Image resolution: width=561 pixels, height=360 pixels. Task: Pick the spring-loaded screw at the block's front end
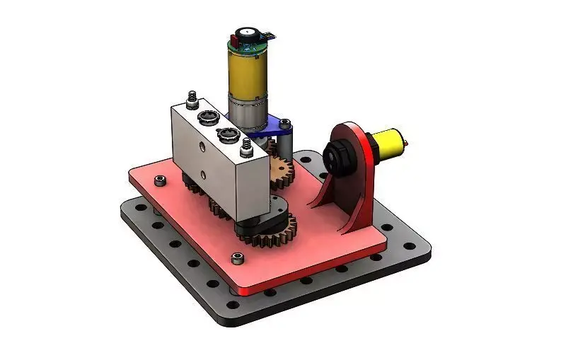[x=247, y=147]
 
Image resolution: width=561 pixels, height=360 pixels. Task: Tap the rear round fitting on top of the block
[x=207, y=116]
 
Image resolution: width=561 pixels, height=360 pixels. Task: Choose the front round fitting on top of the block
[x=227, y=134]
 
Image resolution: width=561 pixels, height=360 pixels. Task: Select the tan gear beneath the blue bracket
[x=282, y=170]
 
